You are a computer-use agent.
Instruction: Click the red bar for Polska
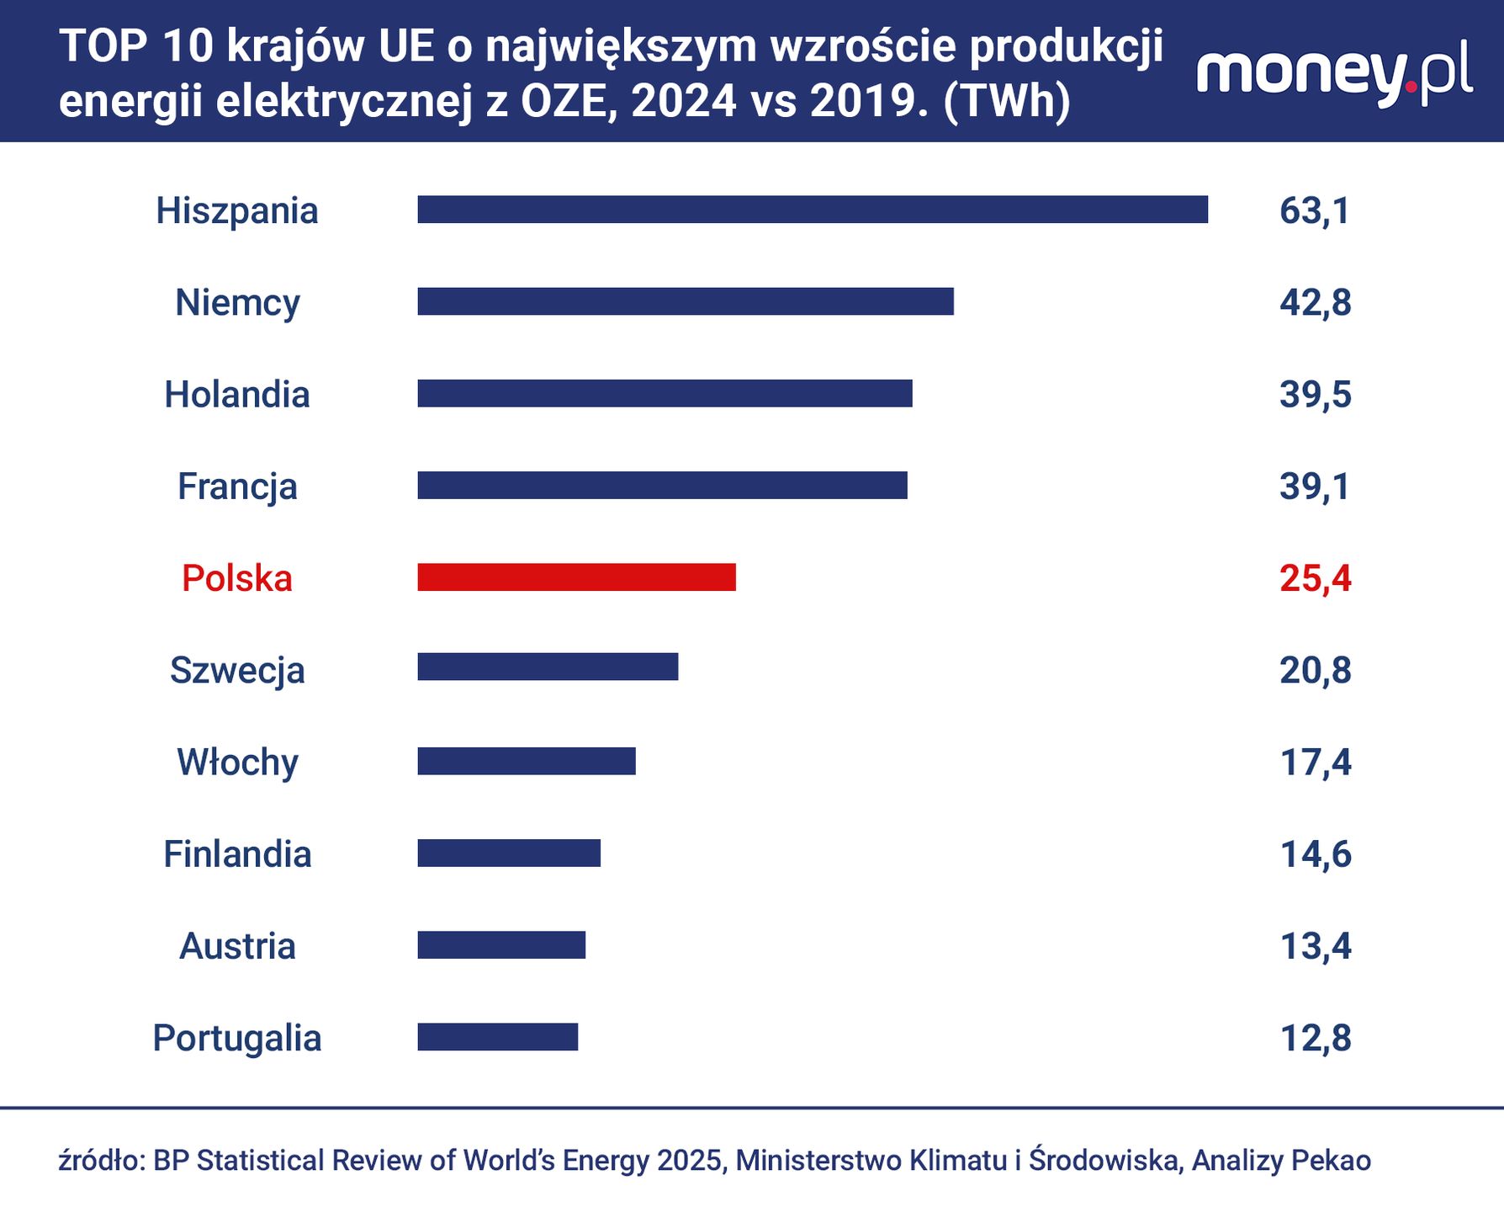576,577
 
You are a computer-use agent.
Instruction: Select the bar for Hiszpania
813,210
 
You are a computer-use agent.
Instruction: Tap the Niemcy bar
686,301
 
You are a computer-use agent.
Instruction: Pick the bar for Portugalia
498,1037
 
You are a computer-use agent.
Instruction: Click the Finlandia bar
509,853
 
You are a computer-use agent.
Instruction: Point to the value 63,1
1315,210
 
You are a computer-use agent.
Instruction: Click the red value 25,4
1315,578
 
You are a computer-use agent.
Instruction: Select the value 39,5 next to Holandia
1315,394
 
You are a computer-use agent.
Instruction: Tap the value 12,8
1315,1038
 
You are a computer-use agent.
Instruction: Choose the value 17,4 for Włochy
1315,762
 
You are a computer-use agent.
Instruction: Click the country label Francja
237,486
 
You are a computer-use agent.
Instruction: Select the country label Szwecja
237,671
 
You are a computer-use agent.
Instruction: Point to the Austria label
237,946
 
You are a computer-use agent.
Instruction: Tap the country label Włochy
237,763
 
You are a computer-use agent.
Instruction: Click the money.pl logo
1334,74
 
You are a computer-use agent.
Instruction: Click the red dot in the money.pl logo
1411,86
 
